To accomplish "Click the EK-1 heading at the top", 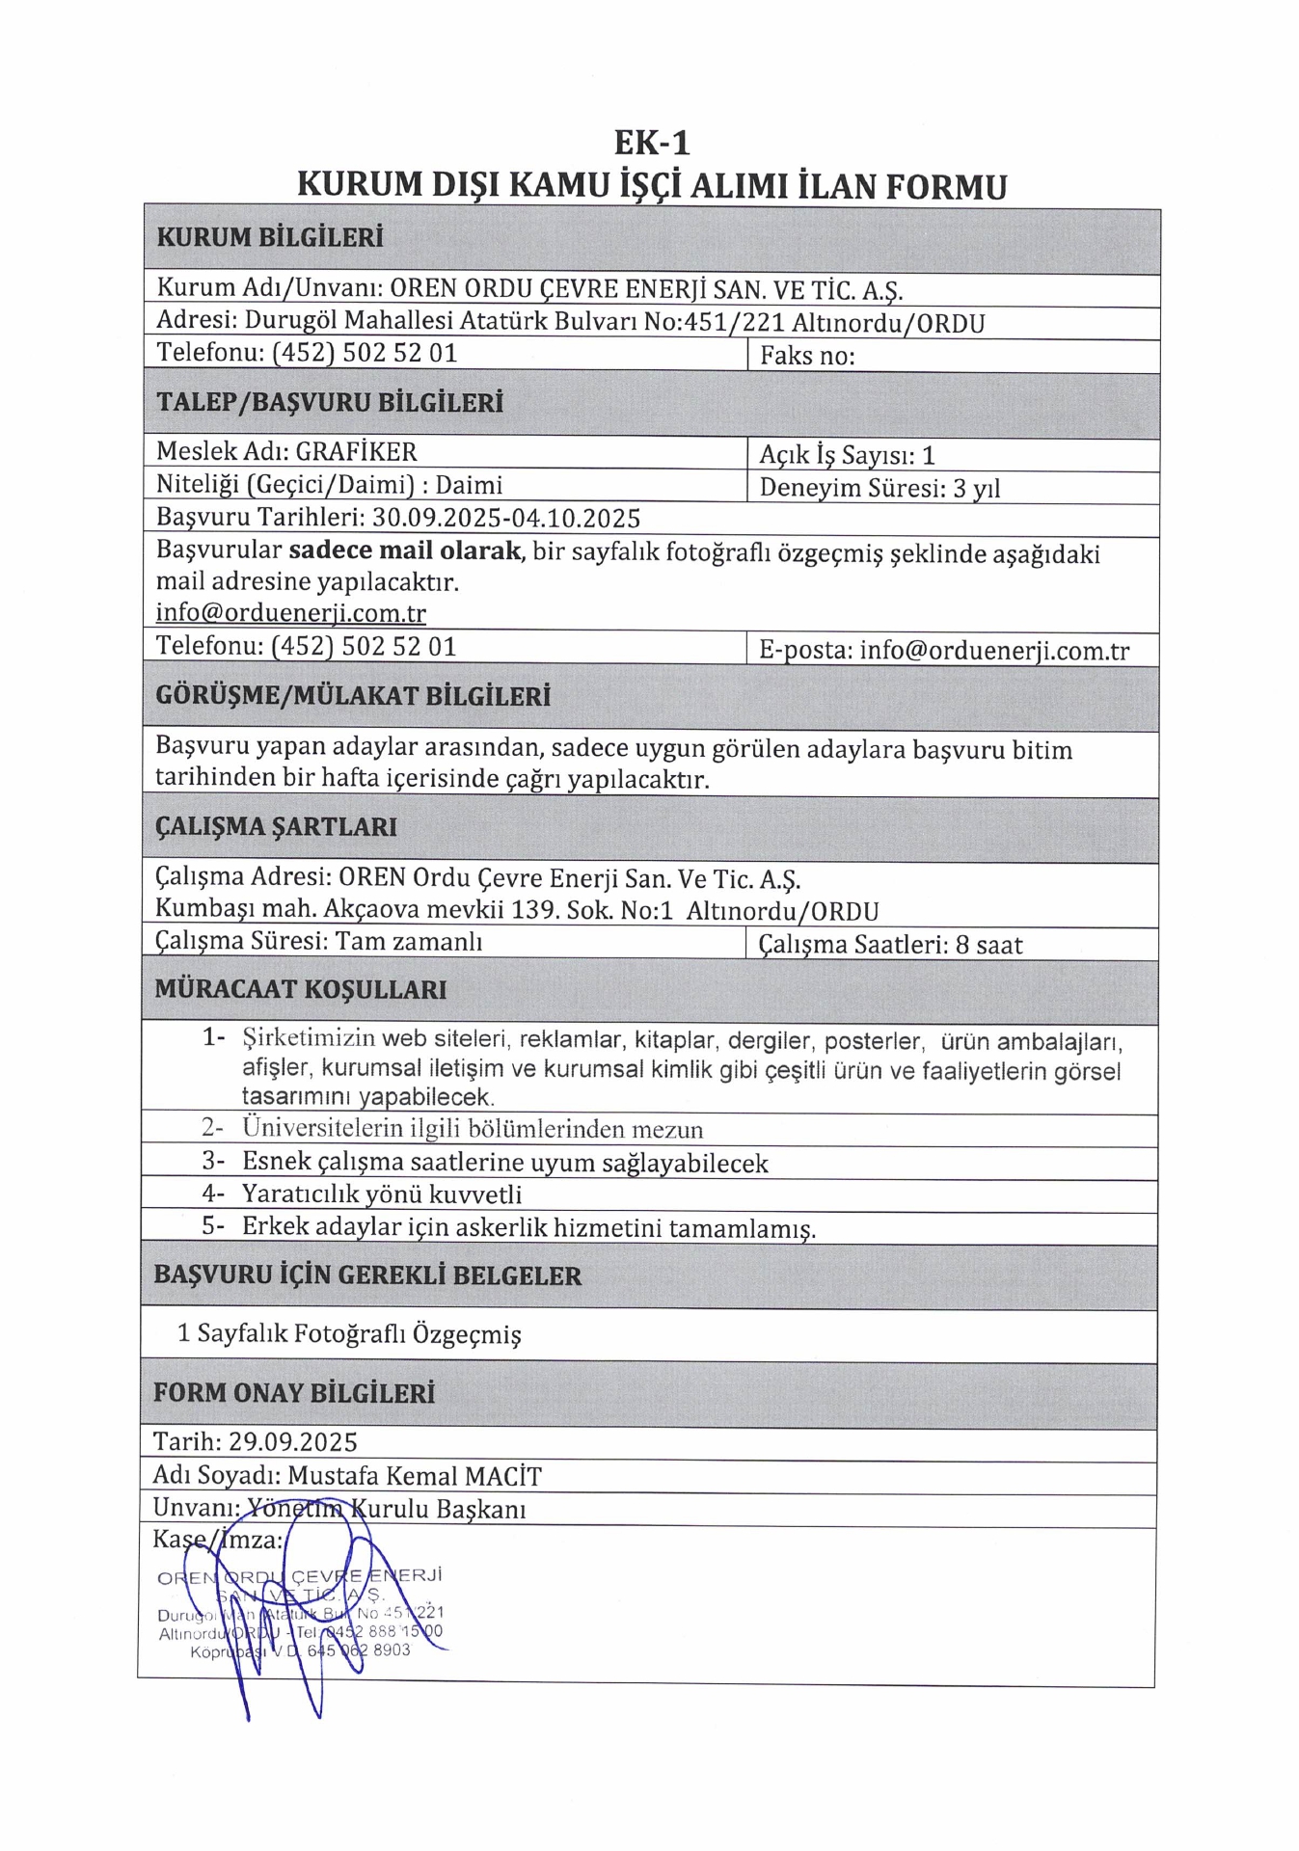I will pyautogui.click(x=652, y=143).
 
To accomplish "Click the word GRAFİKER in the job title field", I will pyautogui.click(x=356, y=451).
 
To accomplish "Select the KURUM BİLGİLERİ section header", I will pyautogui.click(x=269, y=237).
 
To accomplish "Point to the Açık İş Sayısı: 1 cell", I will pyautogui.click(x=847, y=455).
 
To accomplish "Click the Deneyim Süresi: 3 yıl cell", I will pyautogui.click(x=880, y=488).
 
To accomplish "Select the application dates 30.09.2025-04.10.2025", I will pyautogui.click(x=506, y=519).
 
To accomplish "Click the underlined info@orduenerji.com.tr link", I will pyautogui.click(x=290, y=613).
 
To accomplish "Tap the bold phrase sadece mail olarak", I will pyautogui.click(x=405, y=552).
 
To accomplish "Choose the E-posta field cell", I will pyautogui.click(x=943, y=650).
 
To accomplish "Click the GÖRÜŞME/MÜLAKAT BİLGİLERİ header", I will pyautogui.click(x=352, y=696).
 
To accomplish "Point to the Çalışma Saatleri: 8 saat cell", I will pyautogui.click(x=890, y=945).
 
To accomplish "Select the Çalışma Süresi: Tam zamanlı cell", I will pyautogui.click(x=318, y=941).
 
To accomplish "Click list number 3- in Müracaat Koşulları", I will pyautogui.click(x=213, y=1162).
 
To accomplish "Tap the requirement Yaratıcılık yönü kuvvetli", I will pyautogui.click(x=382, y=1194).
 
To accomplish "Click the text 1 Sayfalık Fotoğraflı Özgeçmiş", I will pyautogui.click(x=349, y=1334).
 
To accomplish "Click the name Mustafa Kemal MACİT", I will pyautogui.click(x=415, y=1476).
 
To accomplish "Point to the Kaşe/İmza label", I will pyautogui.click(x=218, y=1540).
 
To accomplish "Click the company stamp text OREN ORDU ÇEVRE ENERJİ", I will pyautogui.click(x=299, y=1578).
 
